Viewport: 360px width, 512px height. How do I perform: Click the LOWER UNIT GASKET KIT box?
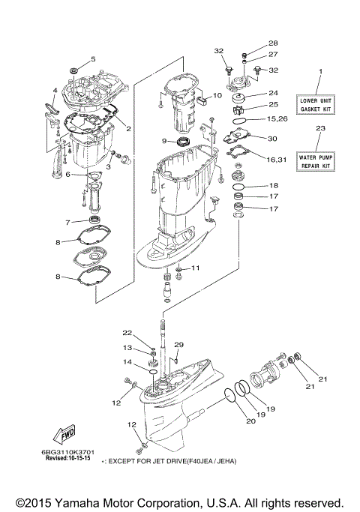pos(319,104)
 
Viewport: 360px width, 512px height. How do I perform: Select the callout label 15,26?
pos(277,119)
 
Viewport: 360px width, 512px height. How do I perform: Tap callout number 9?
pos(163,140)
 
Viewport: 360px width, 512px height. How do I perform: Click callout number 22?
pos(127,333)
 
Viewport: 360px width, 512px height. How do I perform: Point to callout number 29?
pos(178,344)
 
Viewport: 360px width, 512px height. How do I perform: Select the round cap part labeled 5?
pos(74,70)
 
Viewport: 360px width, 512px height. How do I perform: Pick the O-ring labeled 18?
pos(238,185)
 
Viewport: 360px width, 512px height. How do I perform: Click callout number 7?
pos(67,222)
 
